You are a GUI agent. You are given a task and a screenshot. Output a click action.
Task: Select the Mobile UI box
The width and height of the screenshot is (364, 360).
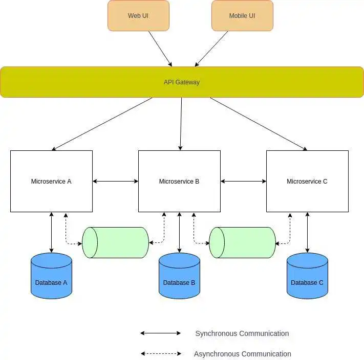(x=242, y=15)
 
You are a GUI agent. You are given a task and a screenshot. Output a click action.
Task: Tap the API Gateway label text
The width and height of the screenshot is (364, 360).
(x=182, y=82)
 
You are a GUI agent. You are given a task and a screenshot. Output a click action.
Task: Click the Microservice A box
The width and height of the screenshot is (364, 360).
(x=51, y=181)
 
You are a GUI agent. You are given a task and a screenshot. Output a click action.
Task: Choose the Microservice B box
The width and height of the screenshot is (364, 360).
(x=179, y=181)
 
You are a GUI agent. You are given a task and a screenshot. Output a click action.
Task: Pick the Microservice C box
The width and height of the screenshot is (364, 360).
(x=307, y=181)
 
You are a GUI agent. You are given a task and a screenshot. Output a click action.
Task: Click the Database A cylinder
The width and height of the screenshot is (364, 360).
(x=51, y=279)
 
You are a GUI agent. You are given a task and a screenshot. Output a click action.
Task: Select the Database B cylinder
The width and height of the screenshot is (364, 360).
(x=179, y=279)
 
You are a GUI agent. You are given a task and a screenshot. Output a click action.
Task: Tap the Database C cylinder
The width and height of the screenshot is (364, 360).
(x=307, y=279)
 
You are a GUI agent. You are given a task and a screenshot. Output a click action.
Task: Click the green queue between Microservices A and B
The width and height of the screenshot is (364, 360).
(x=118, y=242)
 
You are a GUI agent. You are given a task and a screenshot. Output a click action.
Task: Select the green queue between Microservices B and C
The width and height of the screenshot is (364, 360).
(x=245, y=242)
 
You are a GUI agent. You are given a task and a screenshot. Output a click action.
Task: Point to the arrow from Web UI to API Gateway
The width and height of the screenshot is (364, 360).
(x=160, y=48)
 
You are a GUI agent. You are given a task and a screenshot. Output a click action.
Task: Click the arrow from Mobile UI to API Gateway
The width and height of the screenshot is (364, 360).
(x=211, y=48)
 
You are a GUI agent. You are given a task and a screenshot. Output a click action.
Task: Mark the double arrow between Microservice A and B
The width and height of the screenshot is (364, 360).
(x=116, y=181)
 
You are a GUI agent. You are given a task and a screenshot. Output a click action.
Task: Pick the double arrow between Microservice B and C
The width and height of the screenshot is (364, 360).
(x=243, y=181)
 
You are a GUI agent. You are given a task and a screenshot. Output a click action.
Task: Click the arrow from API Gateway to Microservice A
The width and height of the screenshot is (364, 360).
(x=102, y=124)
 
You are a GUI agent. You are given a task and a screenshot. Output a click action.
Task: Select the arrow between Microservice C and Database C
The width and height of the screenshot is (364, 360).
(x=307, y=232)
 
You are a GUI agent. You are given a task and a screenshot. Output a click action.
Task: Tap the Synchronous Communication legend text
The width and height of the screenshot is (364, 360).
(x=242, y=333)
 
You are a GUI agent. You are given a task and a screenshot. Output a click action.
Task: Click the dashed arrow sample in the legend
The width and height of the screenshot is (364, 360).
(x=161, y=353)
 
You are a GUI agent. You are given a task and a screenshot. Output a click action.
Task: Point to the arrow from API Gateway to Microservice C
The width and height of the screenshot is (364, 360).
(x=258, y=124)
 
